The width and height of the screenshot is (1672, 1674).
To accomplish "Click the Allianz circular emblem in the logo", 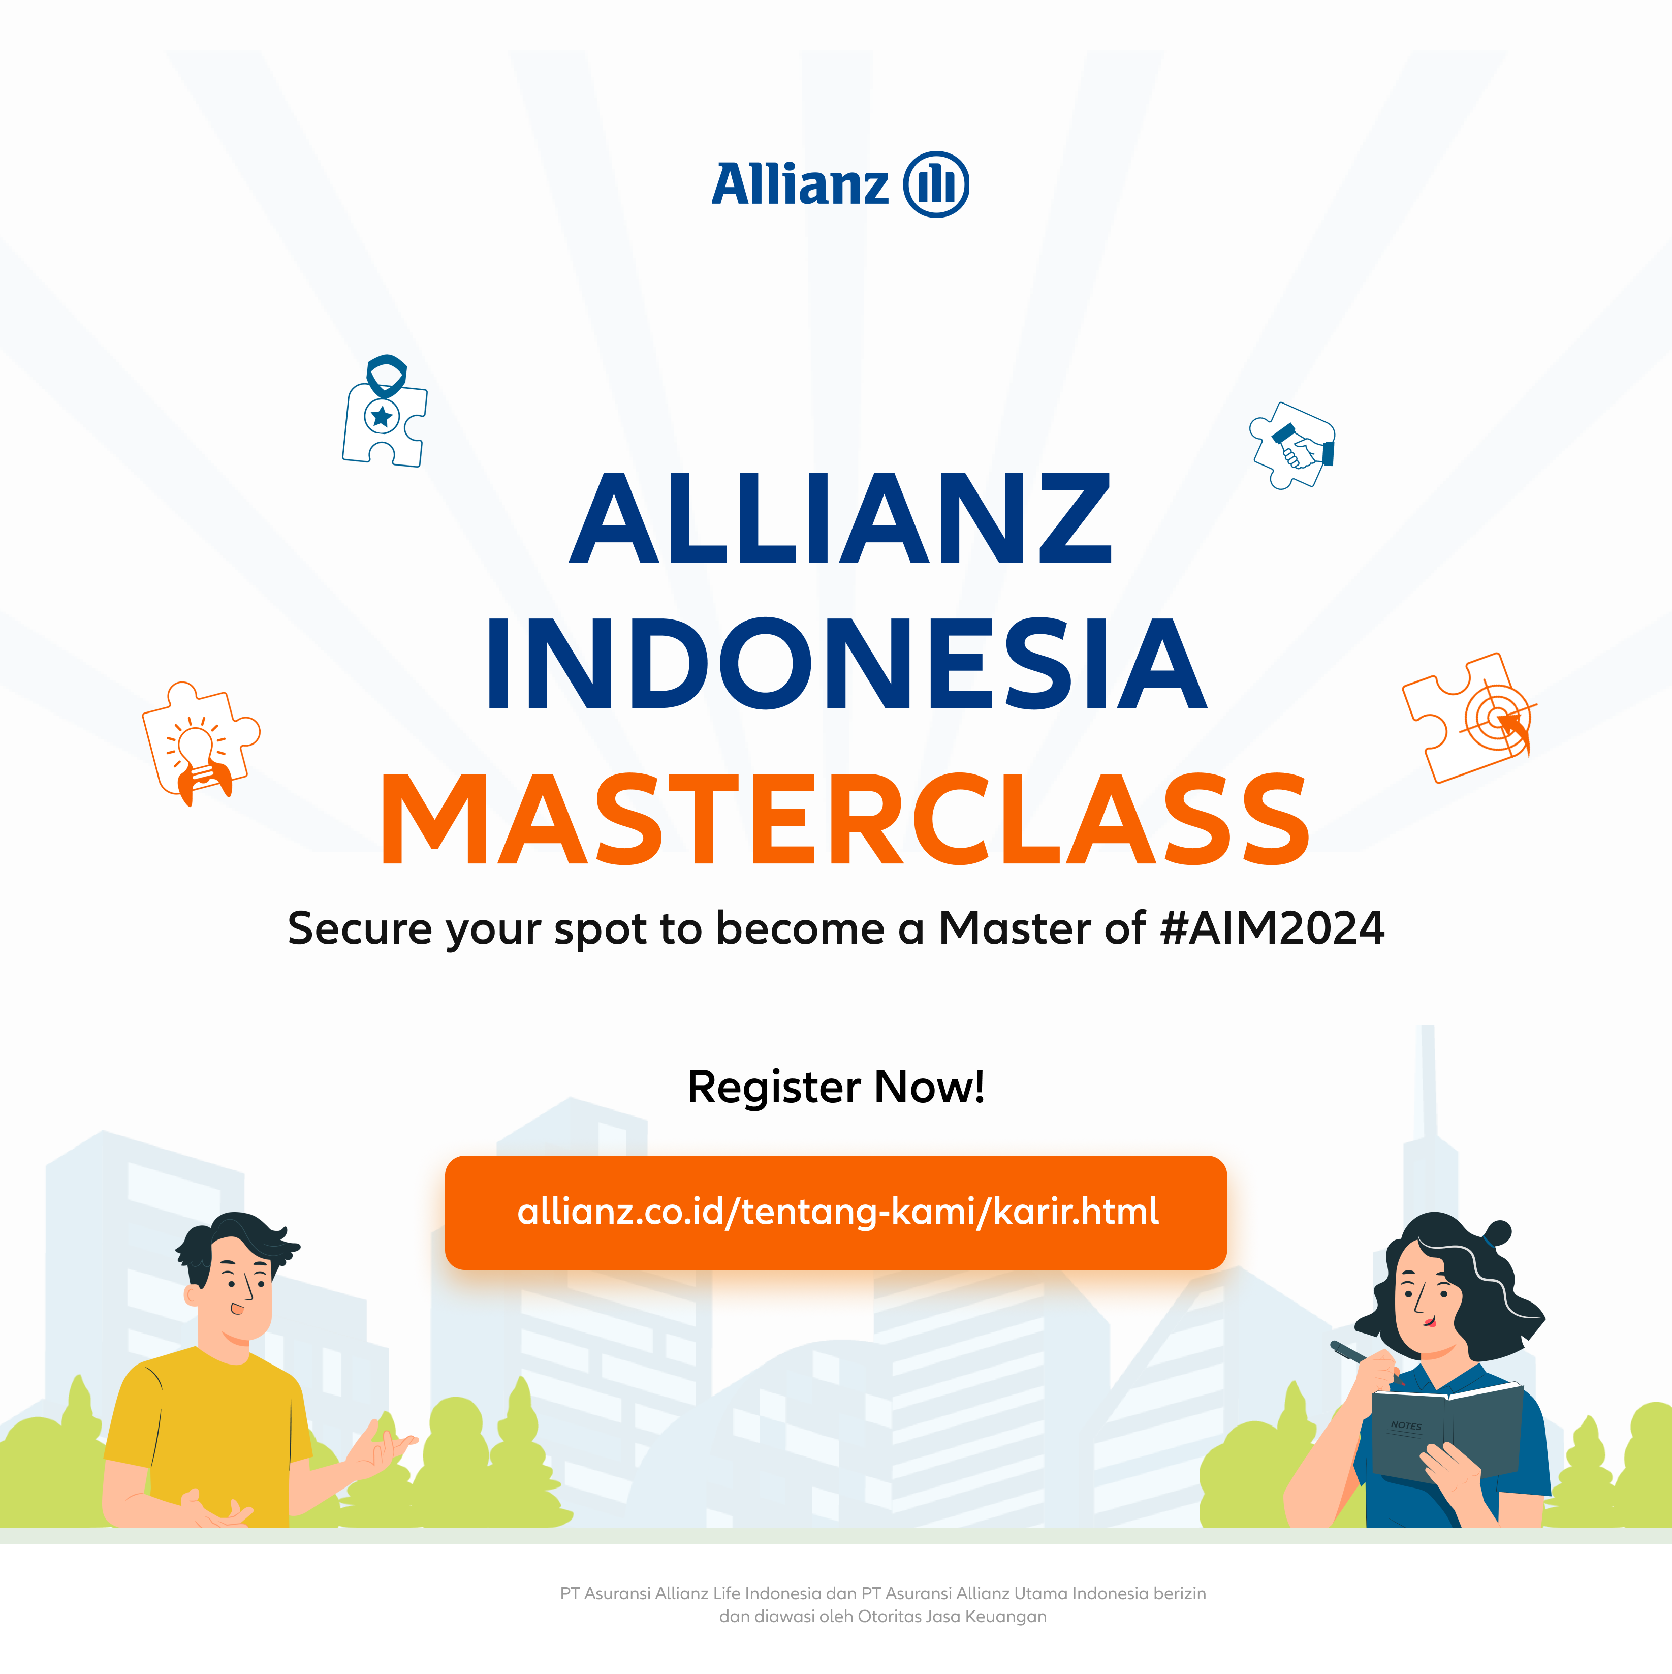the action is [936, 184].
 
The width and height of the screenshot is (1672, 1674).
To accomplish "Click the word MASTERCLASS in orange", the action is [845, 820].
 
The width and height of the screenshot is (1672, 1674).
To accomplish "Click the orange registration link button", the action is [836, 1212].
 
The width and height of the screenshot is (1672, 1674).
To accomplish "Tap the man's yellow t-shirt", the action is [208, 1438].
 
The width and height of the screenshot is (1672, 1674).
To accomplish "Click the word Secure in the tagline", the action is [360, 928].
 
